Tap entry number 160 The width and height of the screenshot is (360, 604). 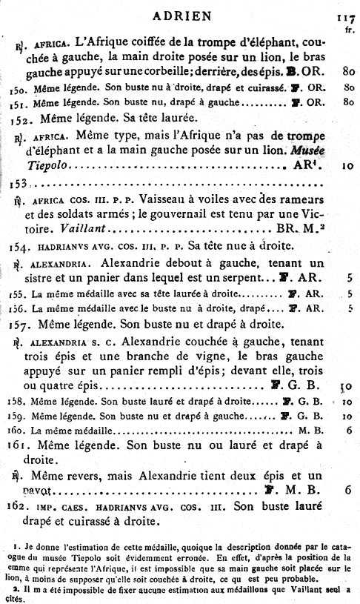coord(19,430)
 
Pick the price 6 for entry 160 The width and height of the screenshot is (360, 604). coord(347,430)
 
